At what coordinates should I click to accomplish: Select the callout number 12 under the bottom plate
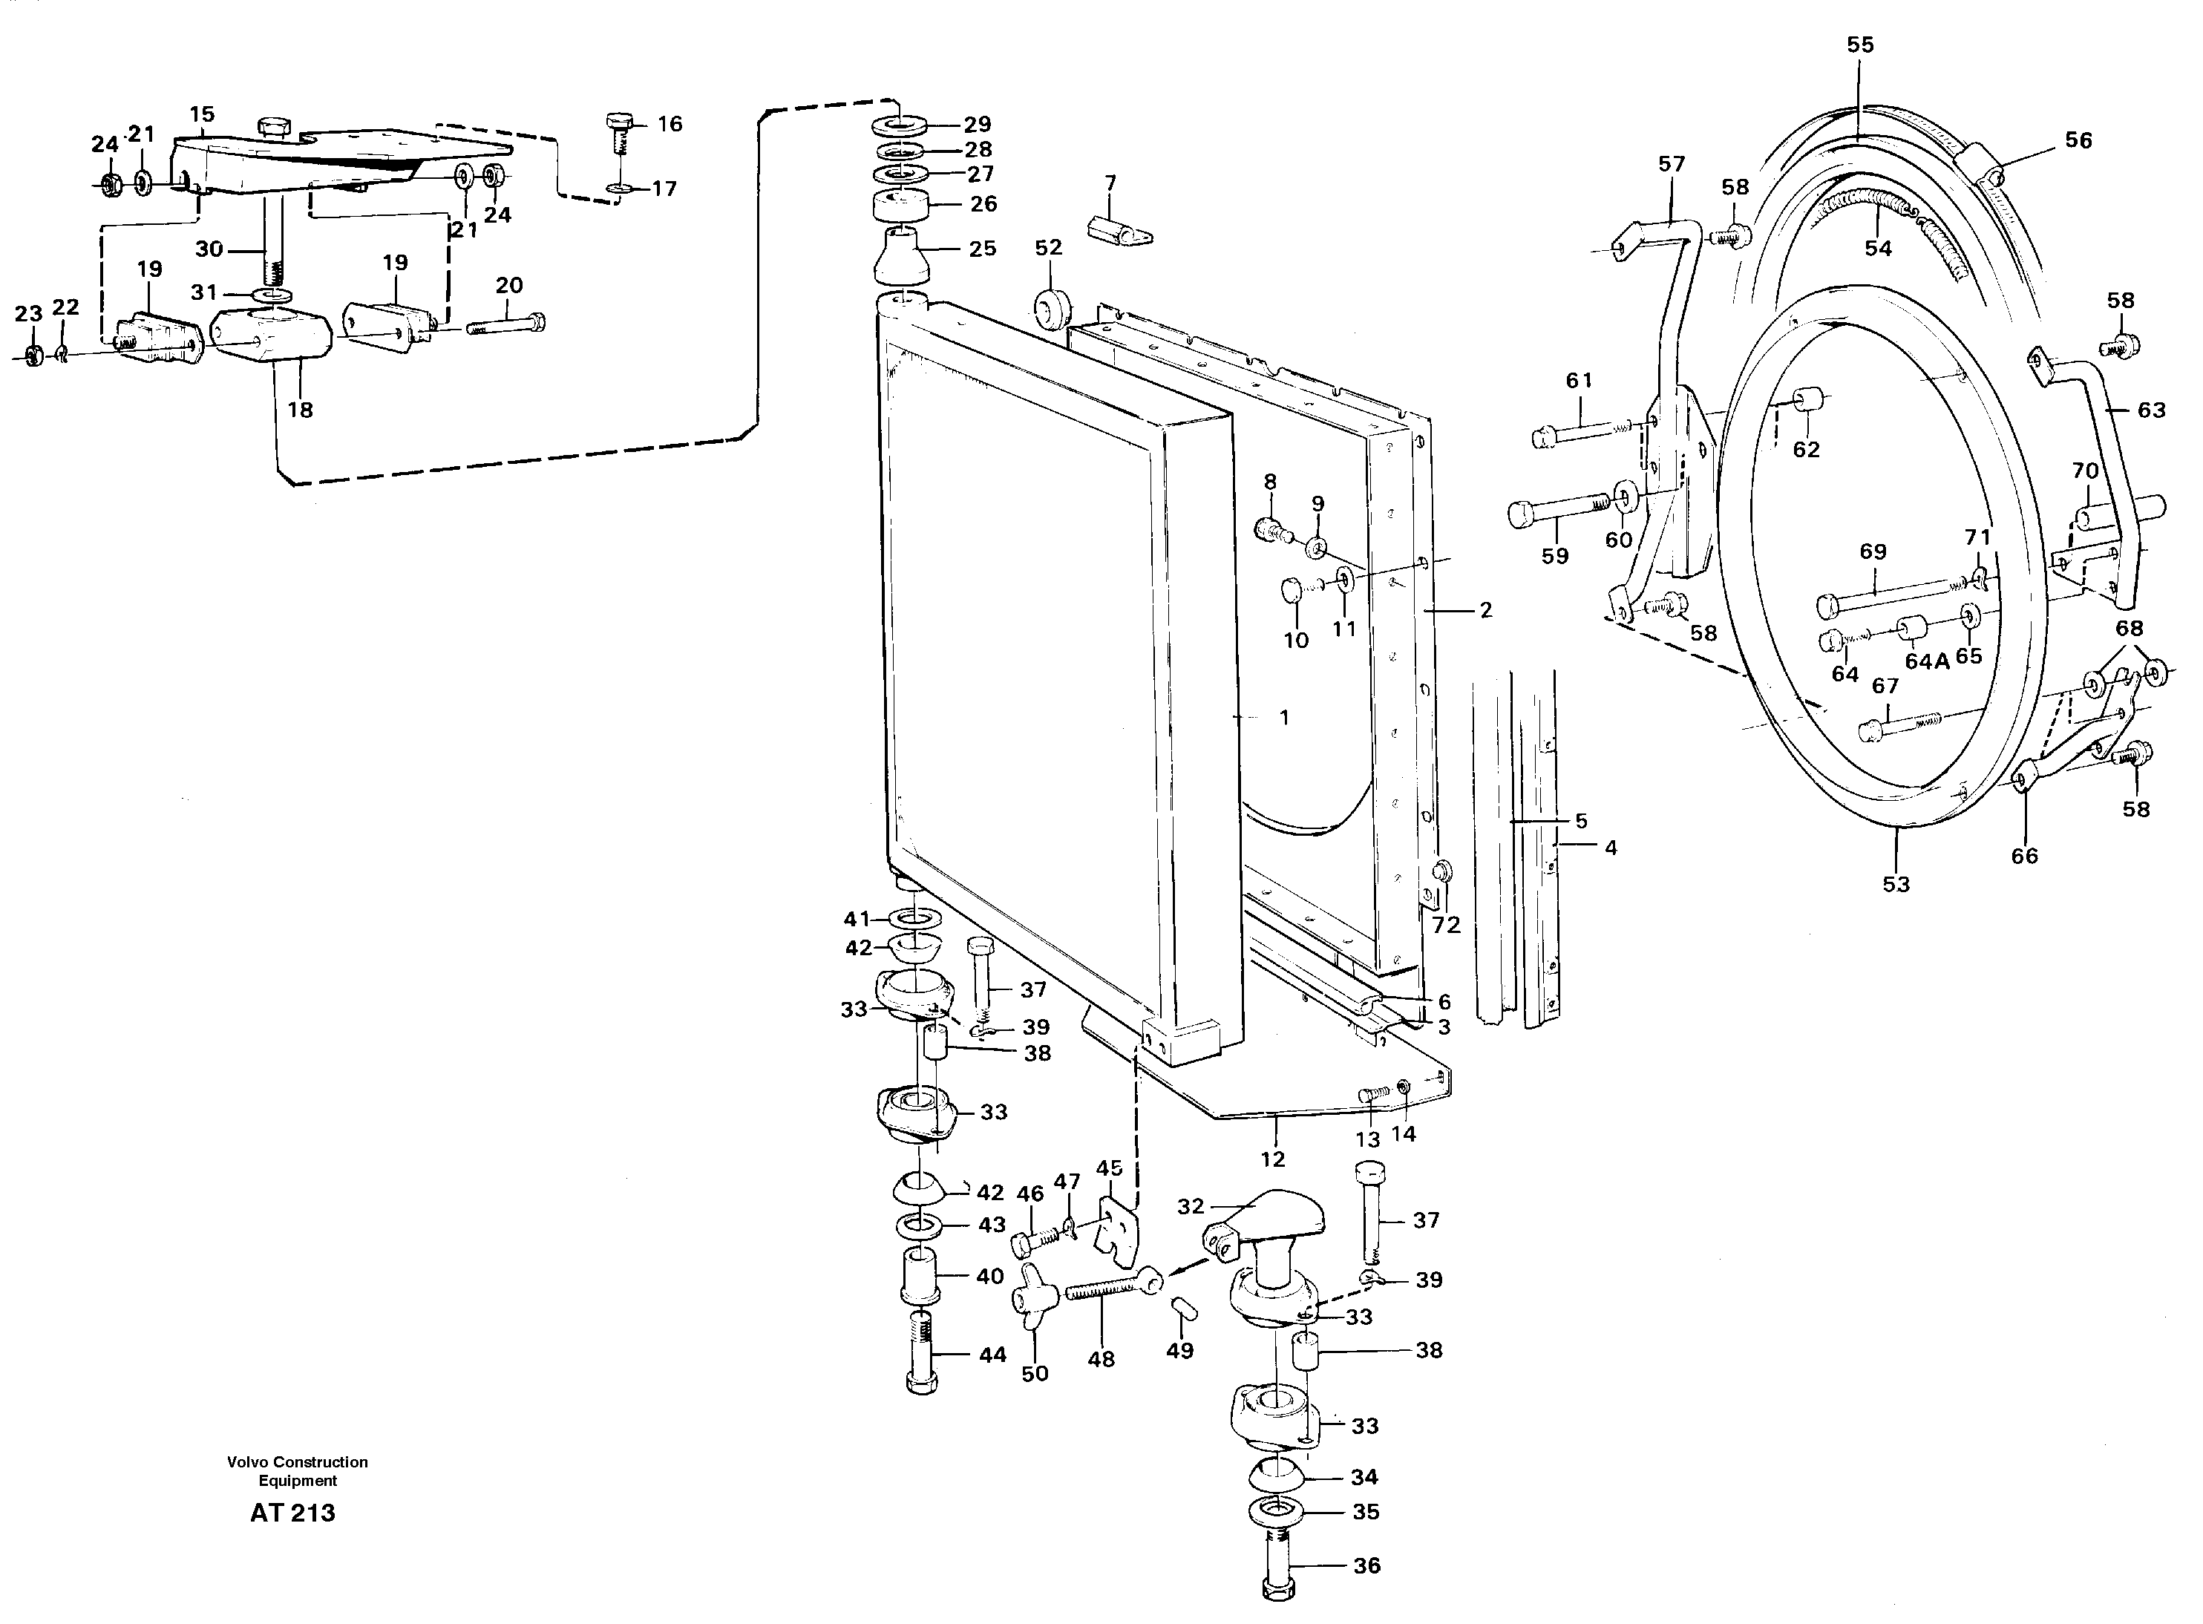pyautogui.click(x=1272, y=1160)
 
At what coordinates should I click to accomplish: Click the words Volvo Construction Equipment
pyautogui.click(x=297, y=1470)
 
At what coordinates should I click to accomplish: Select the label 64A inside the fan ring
pyautogui.click(x=1927, y=661)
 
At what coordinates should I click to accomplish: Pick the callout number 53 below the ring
pyautogui.click(x=1895, y=884)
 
